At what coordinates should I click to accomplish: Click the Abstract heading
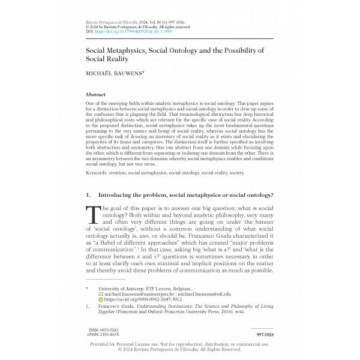click(x=97, y=95)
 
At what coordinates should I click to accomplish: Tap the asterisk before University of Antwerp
click(x=88, y=288)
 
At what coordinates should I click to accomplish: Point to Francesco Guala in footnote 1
click(x=118, y=306)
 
